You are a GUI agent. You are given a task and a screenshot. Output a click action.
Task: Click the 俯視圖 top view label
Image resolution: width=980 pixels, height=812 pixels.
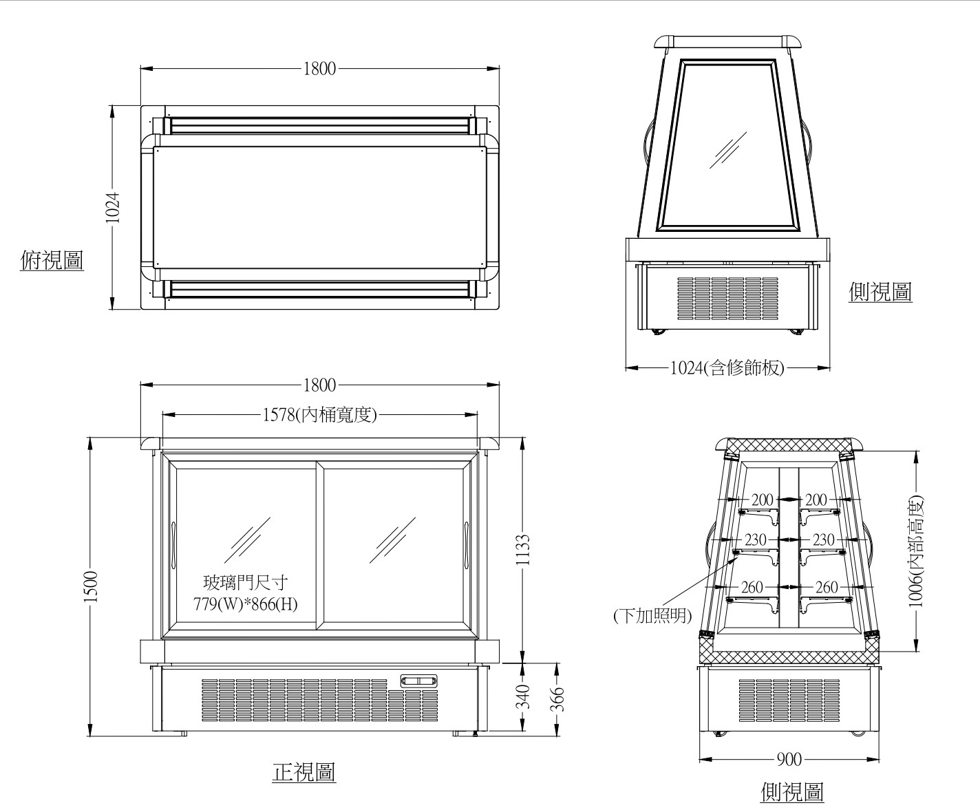pos(52,260)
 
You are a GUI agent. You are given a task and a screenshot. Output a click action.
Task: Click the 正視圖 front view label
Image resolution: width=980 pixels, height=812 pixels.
pos(304,772)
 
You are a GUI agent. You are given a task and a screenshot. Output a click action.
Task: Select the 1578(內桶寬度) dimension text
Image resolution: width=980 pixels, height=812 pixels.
pos(320,415)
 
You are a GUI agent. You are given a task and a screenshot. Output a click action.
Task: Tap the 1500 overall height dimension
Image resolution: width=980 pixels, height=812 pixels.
pos(91,586)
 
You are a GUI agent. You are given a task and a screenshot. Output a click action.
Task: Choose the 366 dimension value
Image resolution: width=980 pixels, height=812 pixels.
pos(557,699)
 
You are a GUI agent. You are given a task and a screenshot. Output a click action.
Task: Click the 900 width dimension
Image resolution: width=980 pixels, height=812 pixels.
pos(789,759)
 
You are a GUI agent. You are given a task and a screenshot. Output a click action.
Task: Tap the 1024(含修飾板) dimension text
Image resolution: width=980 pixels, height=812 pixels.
pos(727,368)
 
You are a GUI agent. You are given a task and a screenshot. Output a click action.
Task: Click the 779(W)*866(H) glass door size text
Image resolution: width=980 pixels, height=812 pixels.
pos(246,606)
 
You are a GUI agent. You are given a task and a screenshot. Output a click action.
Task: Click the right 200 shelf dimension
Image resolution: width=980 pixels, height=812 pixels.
pos(816,500)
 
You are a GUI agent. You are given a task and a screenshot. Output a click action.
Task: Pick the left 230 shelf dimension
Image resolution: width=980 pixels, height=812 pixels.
pos(755,539)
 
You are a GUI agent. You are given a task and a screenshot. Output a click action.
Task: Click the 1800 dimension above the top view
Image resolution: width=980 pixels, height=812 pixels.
pos(320,68)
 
